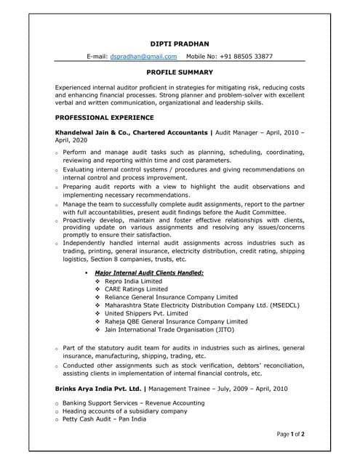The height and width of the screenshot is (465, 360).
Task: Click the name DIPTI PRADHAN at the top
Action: [180, 44]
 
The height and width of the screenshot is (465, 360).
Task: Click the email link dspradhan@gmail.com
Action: [143, 56]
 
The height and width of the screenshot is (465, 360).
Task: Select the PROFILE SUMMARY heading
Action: [180, 73]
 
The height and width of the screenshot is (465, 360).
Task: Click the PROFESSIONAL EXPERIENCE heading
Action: [104, 117]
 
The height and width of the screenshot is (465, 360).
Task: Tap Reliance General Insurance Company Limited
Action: [171, 297]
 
